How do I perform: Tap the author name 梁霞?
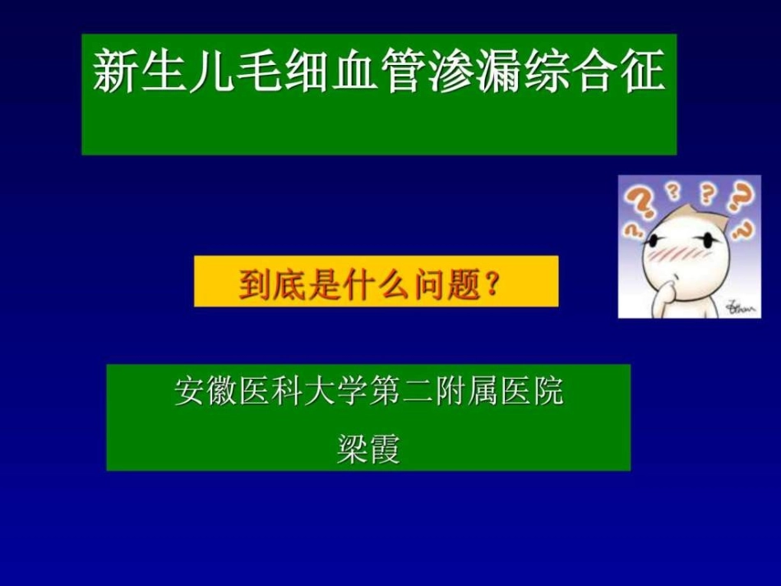coord(368,447)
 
